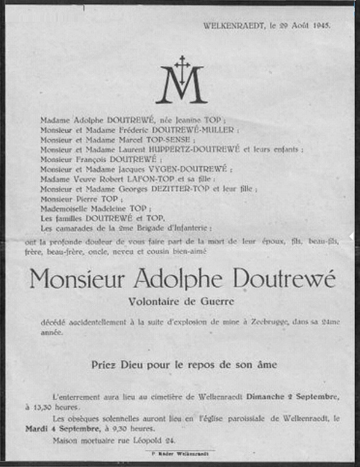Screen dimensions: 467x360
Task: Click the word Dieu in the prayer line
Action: (x=141, y=365)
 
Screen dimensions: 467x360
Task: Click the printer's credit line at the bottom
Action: (x=180, y=454)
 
